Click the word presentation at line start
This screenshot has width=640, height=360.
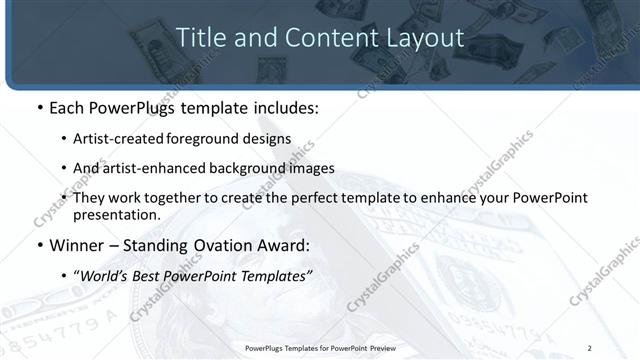pyautogui.click(x=117, y=215)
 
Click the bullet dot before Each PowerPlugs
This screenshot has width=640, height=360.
pyautogui.click(x=38, y=107)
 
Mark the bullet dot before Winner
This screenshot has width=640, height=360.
pyautogui.click(x=38, y=246)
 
